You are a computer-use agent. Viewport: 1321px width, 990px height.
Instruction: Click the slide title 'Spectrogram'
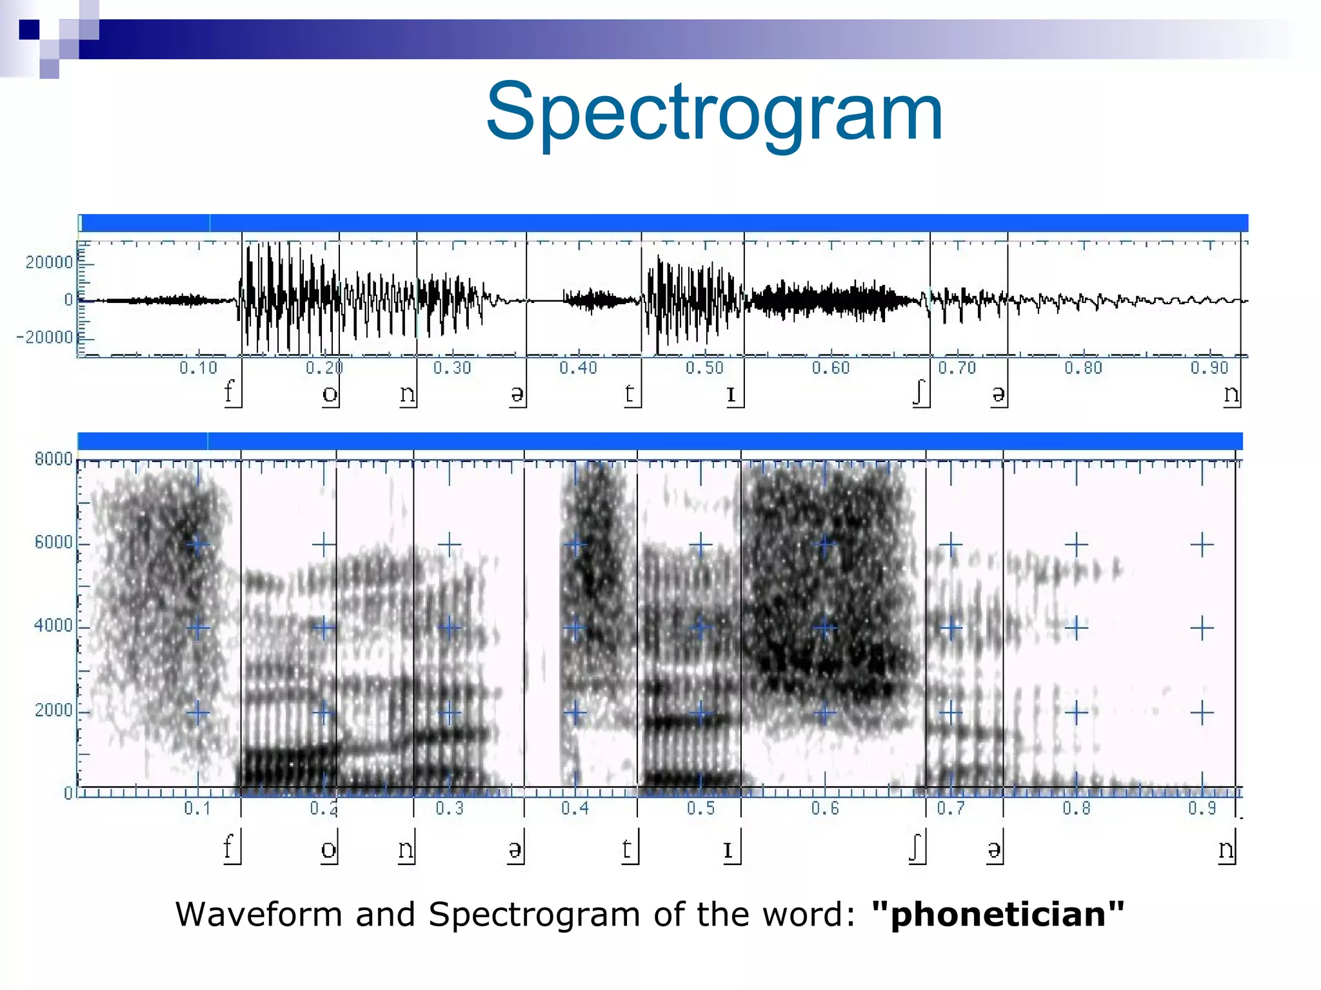[715, 113]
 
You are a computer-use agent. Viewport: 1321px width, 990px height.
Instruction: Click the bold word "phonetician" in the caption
[997, 914]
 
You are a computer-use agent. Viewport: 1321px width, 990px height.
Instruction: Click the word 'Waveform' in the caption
[259, 914]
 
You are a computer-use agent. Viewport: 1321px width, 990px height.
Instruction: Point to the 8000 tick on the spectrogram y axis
[54, 459]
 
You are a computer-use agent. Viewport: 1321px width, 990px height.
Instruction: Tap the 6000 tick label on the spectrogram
[54, 542]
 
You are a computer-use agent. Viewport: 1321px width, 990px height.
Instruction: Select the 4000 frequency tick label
[54, 625]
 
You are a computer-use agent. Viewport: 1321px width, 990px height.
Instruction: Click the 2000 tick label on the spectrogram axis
[54, 710]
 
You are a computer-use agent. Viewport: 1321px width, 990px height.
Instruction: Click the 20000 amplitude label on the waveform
[49, 262]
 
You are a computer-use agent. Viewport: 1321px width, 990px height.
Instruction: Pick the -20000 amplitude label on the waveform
[45, 337]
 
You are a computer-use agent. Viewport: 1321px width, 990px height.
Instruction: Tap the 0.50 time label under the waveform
[704, 368]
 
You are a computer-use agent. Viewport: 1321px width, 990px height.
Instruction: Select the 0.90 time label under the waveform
[1209, 368]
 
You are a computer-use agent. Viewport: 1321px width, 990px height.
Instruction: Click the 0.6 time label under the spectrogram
[825, 808]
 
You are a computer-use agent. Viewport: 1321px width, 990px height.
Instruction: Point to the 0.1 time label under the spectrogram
[197, 808]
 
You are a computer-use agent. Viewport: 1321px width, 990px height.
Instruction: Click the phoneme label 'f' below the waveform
[228, 391]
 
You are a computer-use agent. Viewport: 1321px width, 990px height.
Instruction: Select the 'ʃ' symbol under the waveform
[919, 392]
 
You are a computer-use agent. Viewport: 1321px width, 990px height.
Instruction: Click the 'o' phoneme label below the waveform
[330, 394]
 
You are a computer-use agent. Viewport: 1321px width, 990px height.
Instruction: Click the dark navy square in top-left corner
[29, 30]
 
